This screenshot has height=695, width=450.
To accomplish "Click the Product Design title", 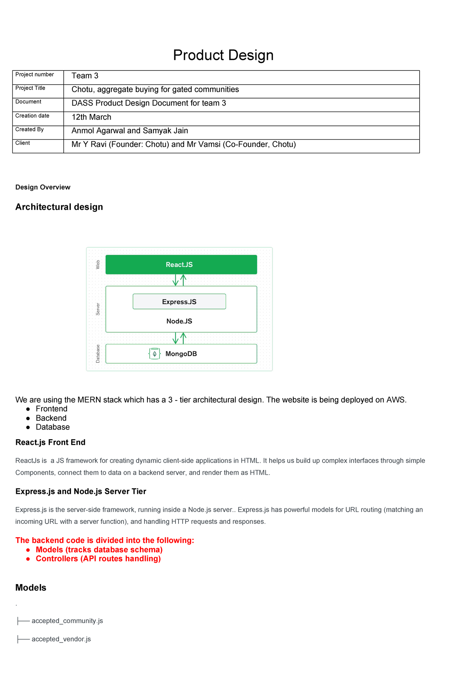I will [x=223, y=55].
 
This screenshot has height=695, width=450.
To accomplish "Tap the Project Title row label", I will [x=30, y=88].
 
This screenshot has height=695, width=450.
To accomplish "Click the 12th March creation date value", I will [x=91, y=117].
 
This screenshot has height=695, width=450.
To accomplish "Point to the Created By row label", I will [x=30, y=130].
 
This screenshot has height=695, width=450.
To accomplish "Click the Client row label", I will [x=23, y=143].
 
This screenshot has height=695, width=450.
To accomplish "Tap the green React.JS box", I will [x=181, y=265].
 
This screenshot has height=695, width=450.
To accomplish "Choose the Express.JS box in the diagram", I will [x=179, y=302].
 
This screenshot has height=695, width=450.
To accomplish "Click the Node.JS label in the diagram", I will [x=179, y=321].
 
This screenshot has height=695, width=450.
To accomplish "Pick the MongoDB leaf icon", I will [x=154, y=354].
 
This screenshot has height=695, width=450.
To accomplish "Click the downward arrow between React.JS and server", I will [x=175, y=280].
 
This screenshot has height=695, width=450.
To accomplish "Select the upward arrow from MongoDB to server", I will [x=183, y=338].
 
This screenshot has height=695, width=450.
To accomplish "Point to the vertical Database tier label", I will [x=98, y=354].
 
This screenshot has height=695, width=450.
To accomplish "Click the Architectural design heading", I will [x=59, y=207].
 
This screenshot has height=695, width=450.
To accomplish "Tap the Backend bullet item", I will [x=51, y=418].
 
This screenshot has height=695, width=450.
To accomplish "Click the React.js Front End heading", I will [x=50, y=442].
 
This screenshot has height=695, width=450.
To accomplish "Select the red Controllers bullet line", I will [x=98, y=559].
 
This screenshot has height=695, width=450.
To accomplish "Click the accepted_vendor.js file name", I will [x=61, y=639].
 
